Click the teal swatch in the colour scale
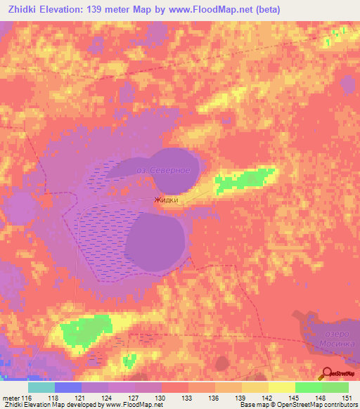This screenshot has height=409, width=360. (x=41, y=387)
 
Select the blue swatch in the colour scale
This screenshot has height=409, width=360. (x=68, y=387)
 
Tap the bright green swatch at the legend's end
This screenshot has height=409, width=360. (x=335, y=387)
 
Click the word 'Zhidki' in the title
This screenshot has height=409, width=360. (x=25, y=10)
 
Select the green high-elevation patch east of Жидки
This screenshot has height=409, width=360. (x=244, y=180)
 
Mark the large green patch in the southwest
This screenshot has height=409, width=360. (x=86, y=331)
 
